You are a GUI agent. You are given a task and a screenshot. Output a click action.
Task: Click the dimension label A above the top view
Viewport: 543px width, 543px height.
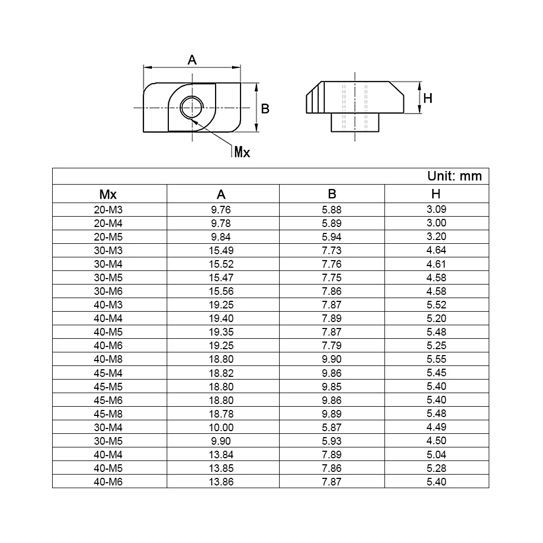(x=192, y=60)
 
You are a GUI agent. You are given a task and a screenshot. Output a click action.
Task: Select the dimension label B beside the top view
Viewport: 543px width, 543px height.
(x=266, y=109)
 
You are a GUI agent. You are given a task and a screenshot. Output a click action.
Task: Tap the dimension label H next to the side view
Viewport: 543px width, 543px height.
(x=428, y=98)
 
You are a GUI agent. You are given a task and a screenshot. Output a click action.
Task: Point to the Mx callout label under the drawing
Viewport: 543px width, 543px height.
(x=242, y=152)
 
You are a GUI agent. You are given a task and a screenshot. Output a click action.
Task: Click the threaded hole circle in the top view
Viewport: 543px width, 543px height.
(x=192, y=106)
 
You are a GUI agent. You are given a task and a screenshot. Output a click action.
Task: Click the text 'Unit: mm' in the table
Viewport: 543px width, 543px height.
(x=454, y=176)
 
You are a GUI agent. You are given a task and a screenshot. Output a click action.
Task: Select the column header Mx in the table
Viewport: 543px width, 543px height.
(x=108, y=194)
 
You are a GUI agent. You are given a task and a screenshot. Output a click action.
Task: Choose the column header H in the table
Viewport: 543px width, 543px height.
(x=436, y=194)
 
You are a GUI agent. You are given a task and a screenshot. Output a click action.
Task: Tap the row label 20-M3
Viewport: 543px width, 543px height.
(x=108, y=209)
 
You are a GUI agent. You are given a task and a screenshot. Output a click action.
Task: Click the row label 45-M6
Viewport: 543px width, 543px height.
(x=108, y=400)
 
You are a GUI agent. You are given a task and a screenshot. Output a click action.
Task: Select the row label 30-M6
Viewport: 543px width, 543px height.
(x=108, y=291)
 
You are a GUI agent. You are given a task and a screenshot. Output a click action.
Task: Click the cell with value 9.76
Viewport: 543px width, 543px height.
(x=221, y=209)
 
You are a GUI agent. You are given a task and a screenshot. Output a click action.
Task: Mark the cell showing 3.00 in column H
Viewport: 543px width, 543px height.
(x=436, y=223)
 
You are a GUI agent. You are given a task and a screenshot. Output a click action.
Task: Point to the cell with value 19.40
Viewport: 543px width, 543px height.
(x=221, y=318)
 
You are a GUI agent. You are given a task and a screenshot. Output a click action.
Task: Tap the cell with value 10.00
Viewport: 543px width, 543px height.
(x=221, y=427)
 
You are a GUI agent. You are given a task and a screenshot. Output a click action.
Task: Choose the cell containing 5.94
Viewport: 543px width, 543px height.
(x=331, y=236)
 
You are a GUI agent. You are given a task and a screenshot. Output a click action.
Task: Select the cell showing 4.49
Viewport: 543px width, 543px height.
(x=436, y=427)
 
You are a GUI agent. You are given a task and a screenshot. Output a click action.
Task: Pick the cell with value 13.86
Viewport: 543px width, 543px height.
(x=221, y=482)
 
